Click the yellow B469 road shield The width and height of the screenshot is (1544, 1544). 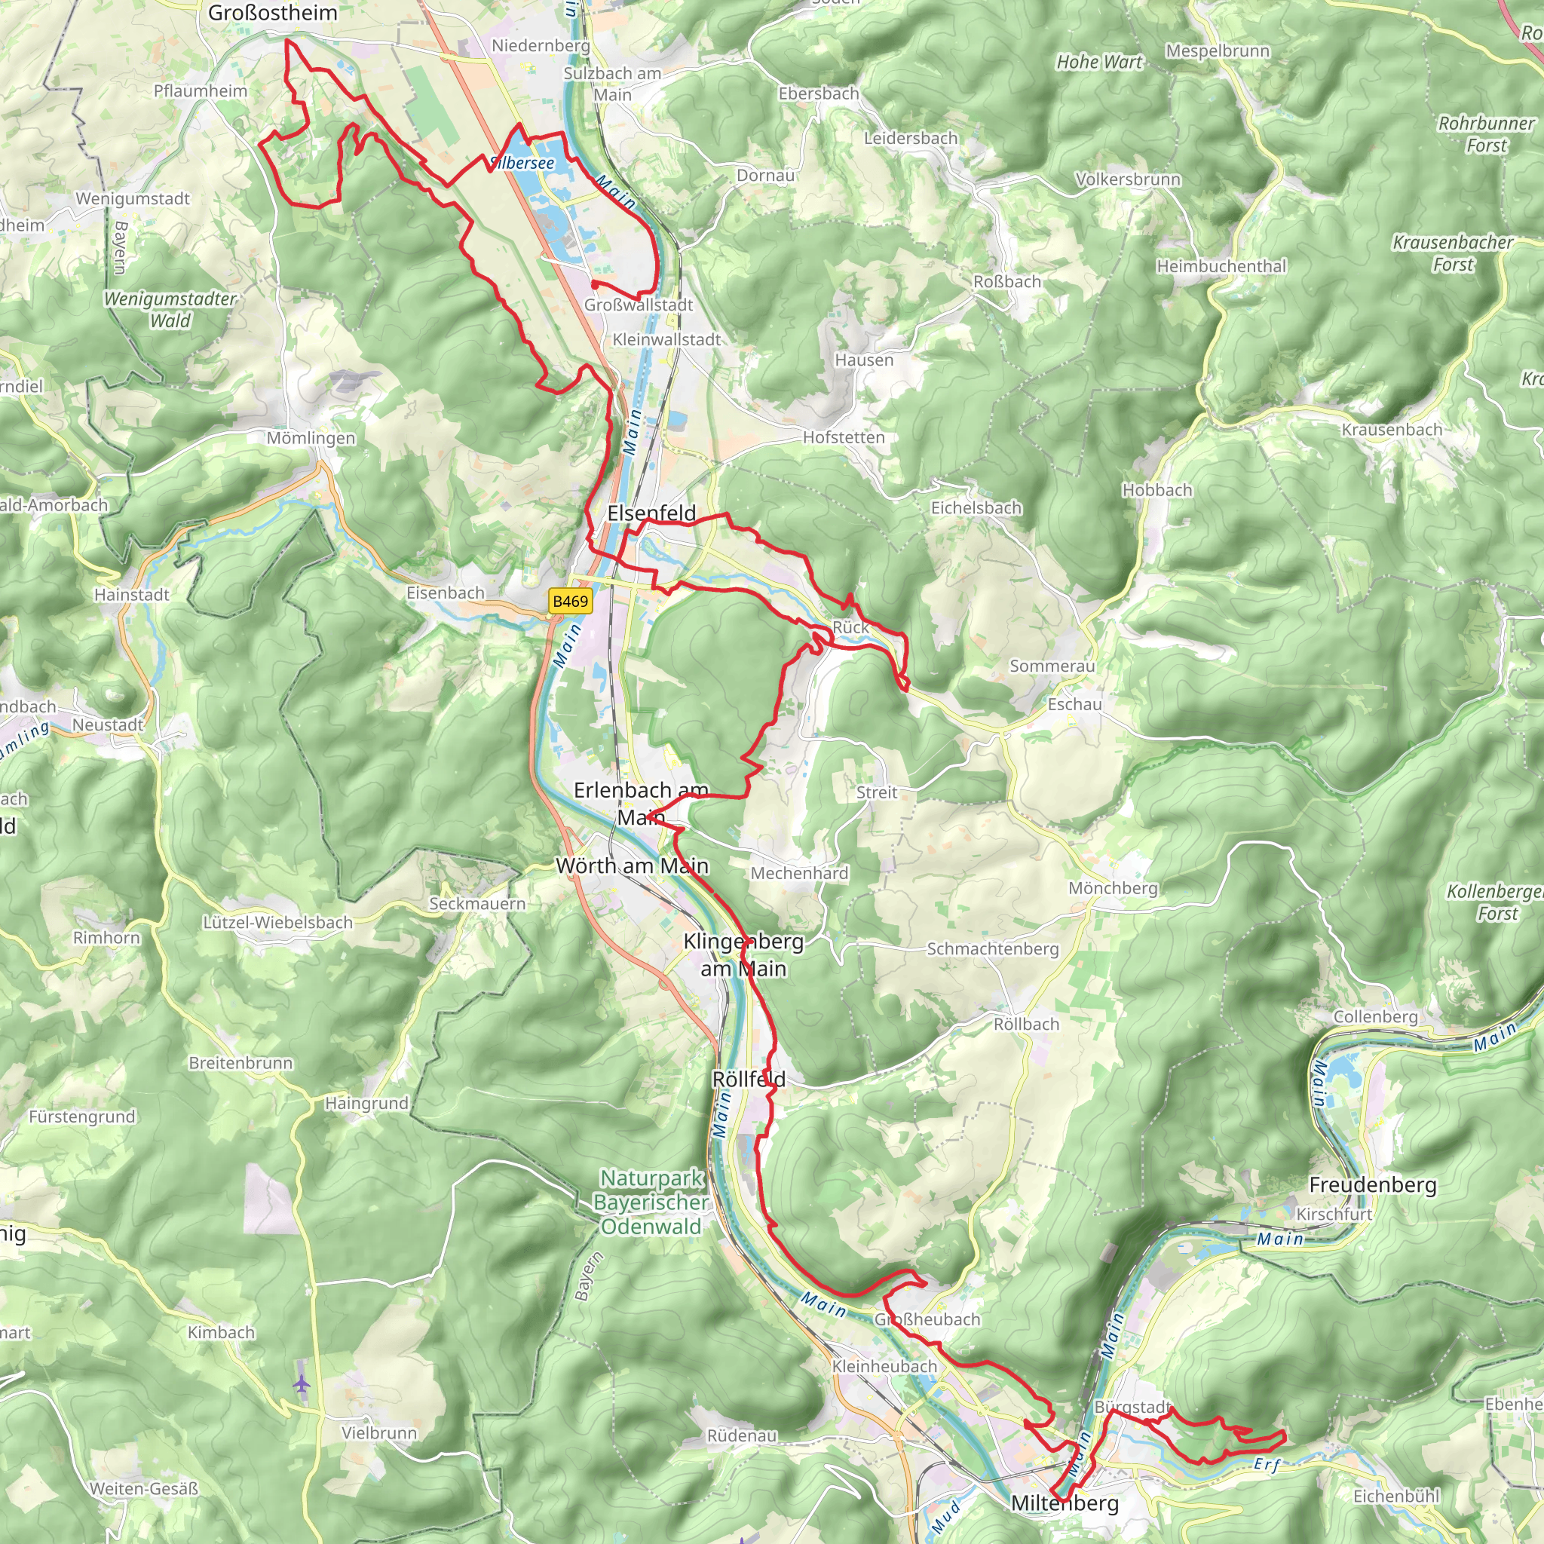pyautogui.click(x=570, y=601)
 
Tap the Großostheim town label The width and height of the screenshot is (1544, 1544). pyautogui.click(x=272, y=13)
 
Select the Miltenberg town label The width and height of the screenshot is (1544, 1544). pyautogui.click(x=1065, y=1503)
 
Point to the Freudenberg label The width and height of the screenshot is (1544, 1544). pyautogui.click(x=1372, y=1184)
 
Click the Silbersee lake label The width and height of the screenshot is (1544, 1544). pyautogui.click(x=522, y=163)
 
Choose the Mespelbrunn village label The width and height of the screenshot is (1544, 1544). pyautogui.click(x=1217, y=51)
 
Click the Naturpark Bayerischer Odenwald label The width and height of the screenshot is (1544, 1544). pyautogui.click(x=651, y=1202)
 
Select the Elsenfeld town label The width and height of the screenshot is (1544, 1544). pyautogui.click(x=651, y=513)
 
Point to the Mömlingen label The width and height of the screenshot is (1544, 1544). pyautogui.click(x=311, y=438)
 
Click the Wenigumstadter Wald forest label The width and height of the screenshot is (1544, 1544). pyautogui.click(x=170, y=309)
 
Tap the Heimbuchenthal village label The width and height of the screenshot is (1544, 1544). pyautogui.click(x=1221, y=266)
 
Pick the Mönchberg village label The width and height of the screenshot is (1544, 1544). pyautogui.click(x=1113, y=888)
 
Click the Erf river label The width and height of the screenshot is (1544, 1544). pyautogui.click(x=1267, y=1464)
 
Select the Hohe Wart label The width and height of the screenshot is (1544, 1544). pyautogui.click(x=1099, y=63)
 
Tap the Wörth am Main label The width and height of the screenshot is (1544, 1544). pyautogui.click(x=632, y=865)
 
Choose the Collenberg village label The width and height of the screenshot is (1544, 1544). pyautogui.click(x=1375, y=1016)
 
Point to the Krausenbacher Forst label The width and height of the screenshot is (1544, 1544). pyautogui.click(x=1452, y=253)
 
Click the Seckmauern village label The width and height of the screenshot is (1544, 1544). pyautogui.click(x=477, y=904)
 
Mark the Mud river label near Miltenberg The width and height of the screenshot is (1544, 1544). pyautogui.click(x=945, y=1517)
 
